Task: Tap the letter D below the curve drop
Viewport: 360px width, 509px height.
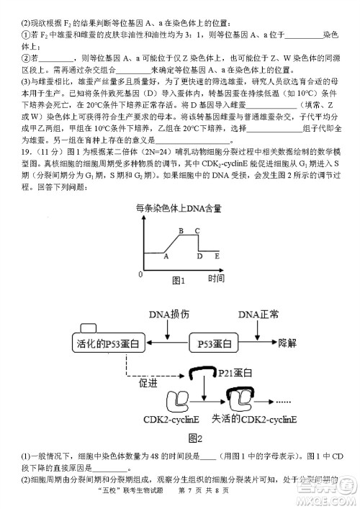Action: point(199,256)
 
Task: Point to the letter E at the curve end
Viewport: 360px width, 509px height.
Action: point(217,256)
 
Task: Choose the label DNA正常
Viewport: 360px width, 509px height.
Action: point(259,315)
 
